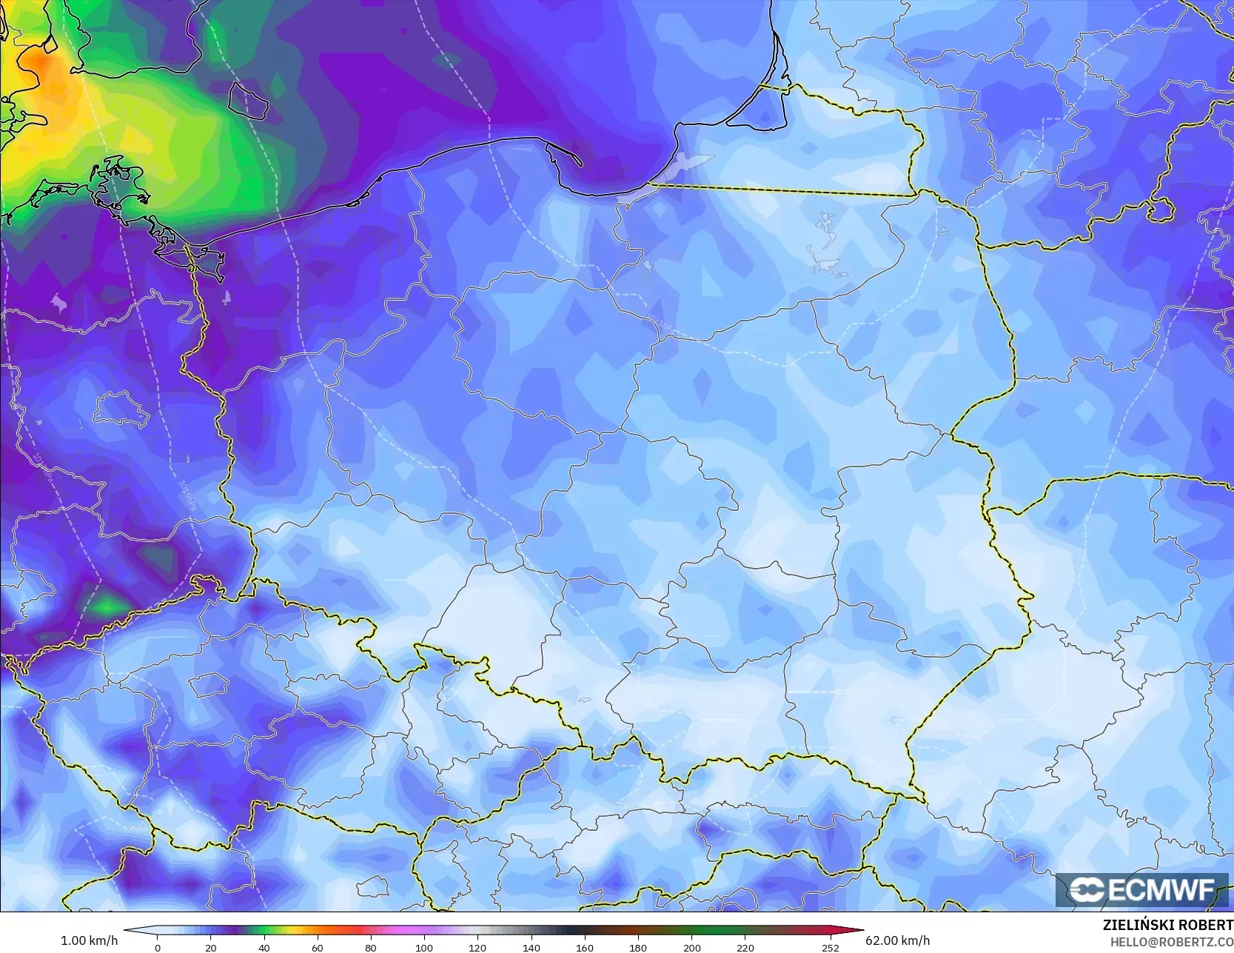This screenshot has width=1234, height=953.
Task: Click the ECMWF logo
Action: pos(1142,889)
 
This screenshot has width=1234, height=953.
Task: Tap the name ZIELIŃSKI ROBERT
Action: pos(1167,925)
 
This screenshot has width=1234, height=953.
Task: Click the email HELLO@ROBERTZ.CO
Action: pos(1167,940)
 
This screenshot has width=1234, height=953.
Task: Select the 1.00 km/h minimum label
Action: pos(89,940)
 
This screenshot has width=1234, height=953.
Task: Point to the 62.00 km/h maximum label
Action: pos(897,940)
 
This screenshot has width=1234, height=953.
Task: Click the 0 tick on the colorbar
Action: pos(157,947)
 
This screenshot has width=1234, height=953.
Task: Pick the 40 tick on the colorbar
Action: pos(264,947)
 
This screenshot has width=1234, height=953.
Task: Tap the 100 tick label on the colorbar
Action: pos(424,947)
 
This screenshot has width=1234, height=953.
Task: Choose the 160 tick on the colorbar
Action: pos(585,947)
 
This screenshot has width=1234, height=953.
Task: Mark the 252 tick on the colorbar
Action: pos(831,947)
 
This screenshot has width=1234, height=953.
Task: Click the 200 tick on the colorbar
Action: pos(691,947)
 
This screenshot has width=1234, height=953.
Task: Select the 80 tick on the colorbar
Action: pos(371,947)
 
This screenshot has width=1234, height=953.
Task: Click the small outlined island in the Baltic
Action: pos(247,100)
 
